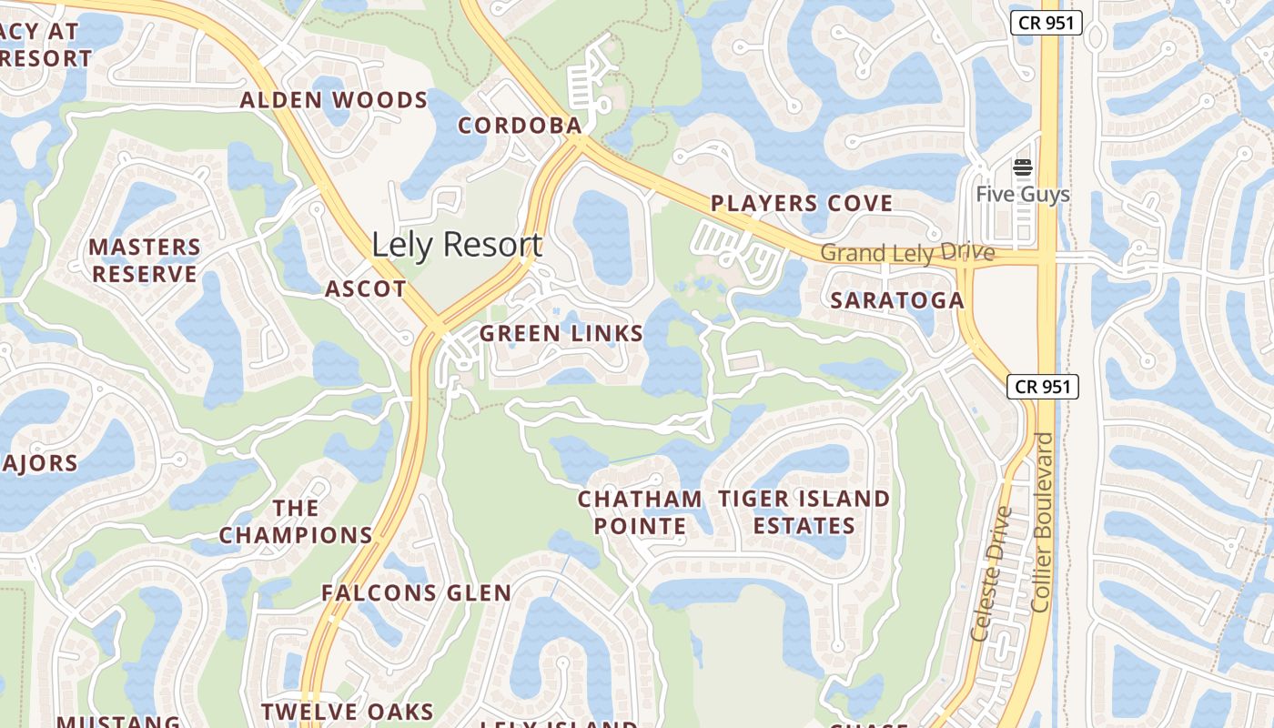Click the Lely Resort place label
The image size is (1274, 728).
(x=457, y=245)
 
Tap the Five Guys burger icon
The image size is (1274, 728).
(x=1023, y=167)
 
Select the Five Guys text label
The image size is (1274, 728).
(x=1023, y=195)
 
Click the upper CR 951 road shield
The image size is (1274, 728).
(x=1046, y=24)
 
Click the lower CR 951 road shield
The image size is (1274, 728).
(x=1043, y=387)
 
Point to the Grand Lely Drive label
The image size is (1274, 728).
(x=907, y=252)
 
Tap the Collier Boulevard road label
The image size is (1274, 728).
(x=1043, y=521)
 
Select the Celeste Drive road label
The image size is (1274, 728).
(x=992, y=573)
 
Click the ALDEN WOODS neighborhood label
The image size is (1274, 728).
(x=334, y=100)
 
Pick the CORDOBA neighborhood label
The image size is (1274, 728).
(x=520, y=126)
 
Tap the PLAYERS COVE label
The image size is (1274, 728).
(x=802, y=203)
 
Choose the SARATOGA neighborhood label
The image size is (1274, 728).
(x=897, y=300)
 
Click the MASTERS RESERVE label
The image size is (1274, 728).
(x=145, y=260)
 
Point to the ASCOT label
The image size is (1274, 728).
(x=366, y=289)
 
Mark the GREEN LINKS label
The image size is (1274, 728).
(x=561, y=334)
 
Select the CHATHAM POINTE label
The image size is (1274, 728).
(x=640, y=512)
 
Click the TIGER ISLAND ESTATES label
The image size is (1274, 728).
(x=804, y=512)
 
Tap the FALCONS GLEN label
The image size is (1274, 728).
(x=416, y=593)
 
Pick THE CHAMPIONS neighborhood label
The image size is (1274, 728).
(x=296, y=521)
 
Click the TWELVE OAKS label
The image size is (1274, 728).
(x=348, y=712)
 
